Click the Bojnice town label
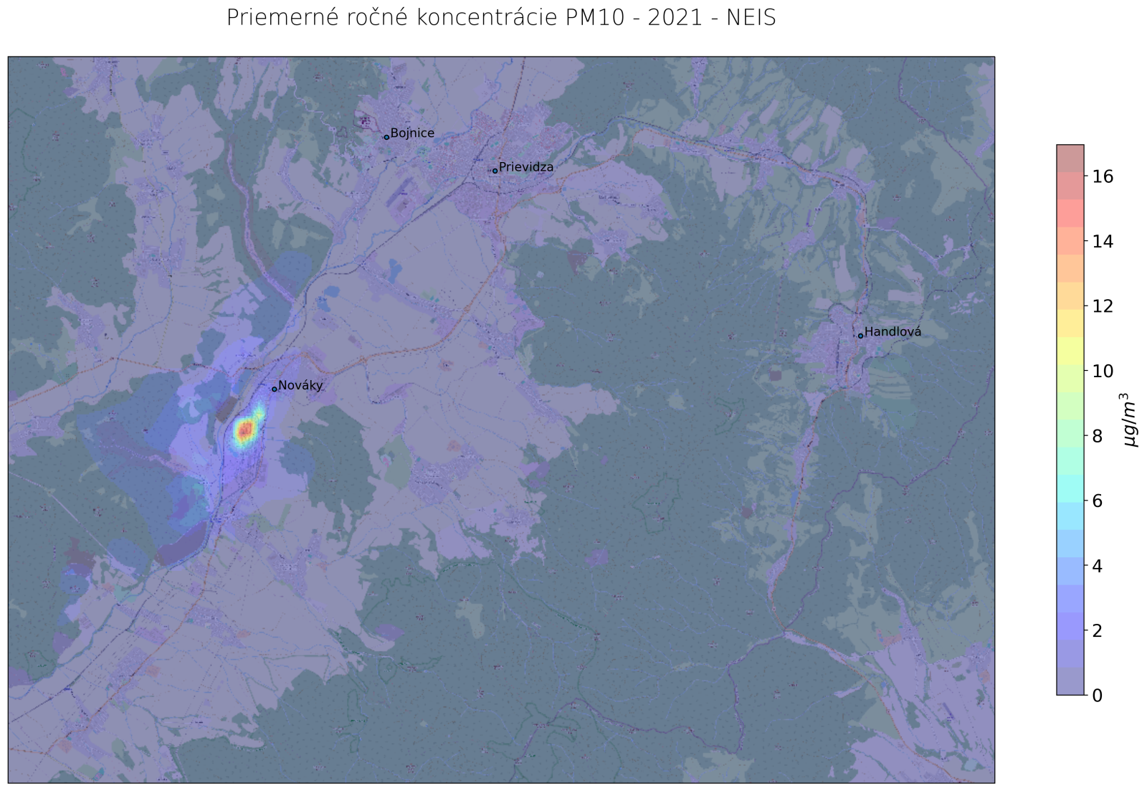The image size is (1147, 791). coord(412,133)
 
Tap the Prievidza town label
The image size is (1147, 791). coord(526,167)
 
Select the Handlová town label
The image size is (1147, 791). coord(893,332)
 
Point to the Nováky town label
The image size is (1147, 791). coord(300,386)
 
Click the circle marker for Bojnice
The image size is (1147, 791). coord(386,137)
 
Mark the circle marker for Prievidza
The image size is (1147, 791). coord(495,171)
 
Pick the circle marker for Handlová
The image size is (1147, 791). coord(860,336)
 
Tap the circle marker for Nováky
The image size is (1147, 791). coord(274,389)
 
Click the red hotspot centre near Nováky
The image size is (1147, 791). coord(245,430)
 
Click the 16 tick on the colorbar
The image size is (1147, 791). coord(1102,176)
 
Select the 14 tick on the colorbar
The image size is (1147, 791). coord(1102,242)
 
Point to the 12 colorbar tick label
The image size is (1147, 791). coord(1102,306)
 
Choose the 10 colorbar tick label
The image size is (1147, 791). coord(1102,371)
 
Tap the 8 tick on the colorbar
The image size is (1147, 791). coord(1098,436)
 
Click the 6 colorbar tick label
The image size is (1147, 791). coord(1098,501)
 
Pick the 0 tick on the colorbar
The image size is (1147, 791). coord(1098,696)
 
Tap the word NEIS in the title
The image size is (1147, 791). coord(751,18)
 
